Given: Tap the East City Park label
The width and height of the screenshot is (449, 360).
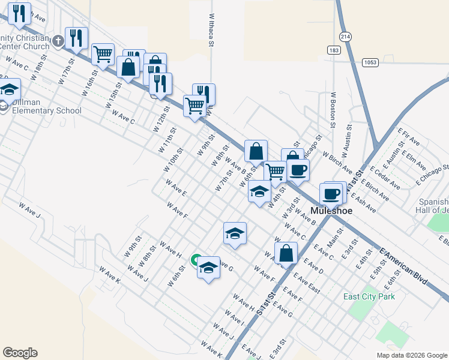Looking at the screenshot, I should click(x=369, y=296).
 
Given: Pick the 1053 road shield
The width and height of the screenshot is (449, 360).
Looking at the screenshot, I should click(x=371, y=62).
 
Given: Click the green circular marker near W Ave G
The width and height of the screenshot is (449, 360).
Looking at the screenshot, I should click(x=196, y=260).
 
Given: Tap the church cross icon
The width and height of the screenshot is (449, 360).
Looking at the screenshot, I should click(x=58, y=41).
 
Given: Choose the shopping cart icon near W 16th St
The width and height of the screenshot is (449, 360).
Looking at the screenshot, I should click(x=103, y=54).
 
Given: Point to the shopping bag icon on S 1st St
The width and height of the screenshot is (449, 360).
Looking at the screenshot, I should click(x=286, y=253).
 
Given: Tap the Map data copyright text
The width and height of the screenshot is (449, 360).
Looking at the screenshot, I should click(x=411, y=355).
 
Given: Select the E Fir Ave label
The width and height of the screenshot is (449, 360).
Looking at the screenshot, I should click(x=408, y=136).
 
